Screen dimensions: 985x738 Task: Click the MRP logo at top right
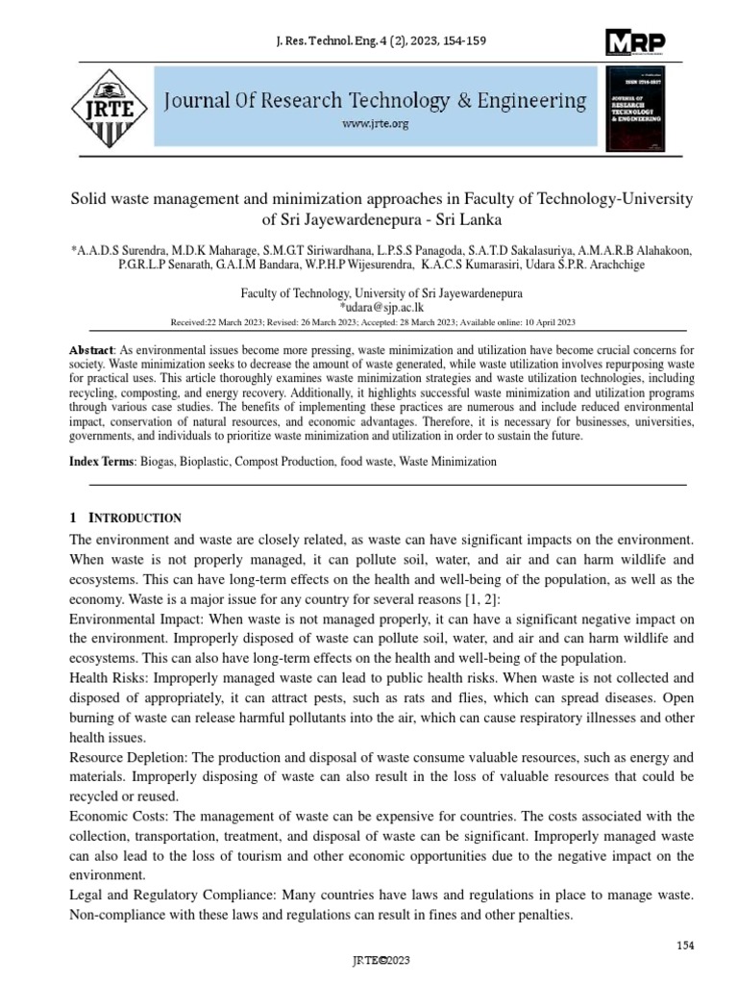click(635, 42)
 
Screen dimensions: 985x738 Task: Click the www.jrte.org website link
click(376, 124)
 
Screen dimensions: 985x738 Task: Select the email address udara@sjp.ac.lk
click(369, 308)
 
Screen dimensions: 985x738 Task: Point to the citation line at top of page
click(369, 42)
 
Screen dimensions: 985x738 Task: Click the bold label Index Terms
click(100, 462)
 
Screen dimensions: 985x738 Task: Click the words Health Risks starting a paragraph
click(105, 677)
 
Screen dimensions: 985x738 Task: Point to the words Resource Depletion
click(129, 758)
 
